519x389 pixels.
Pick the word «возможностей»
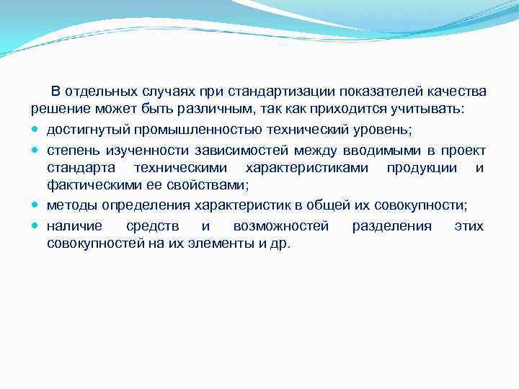pyautogui.click(x=280, y=225)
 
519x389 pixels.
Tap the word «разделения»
pyautogui.click(x=391, y=225)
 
